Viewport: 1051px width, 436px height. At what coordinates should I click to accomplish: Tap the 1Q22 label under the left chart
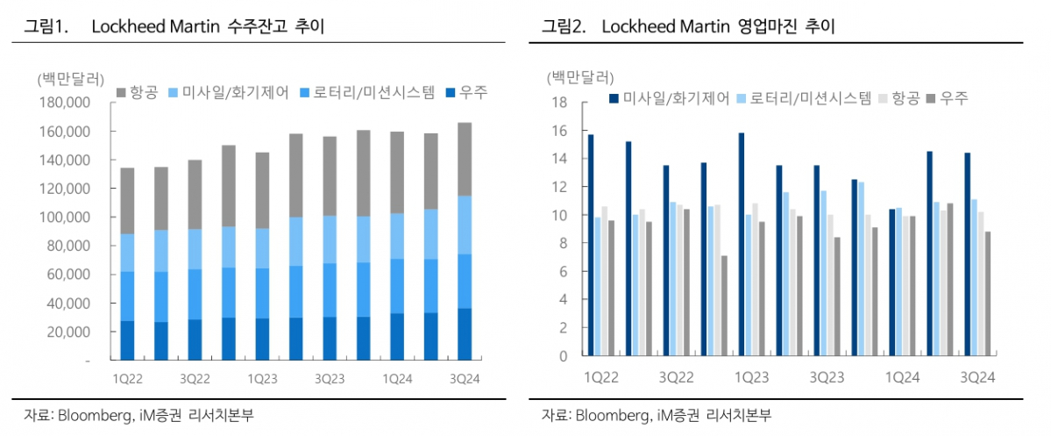tap(127, 378)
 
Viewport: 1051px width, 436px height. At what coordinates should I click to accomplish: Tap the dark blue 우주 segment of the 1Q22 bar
tap(127, 340)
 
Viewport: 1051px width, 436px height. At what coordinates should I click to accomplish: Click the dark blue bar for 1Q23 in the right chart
tap(742, 245)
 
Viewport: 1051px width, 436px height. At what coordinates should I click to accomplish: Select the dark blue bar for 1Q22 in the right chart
tap(591, 246)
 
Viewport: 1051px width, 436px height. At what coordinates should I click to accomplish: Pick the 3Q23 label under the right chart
tap(827, 378)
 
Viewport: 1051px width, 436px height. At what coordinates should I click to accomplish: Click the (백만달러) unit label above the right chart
tap(580, 77)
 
